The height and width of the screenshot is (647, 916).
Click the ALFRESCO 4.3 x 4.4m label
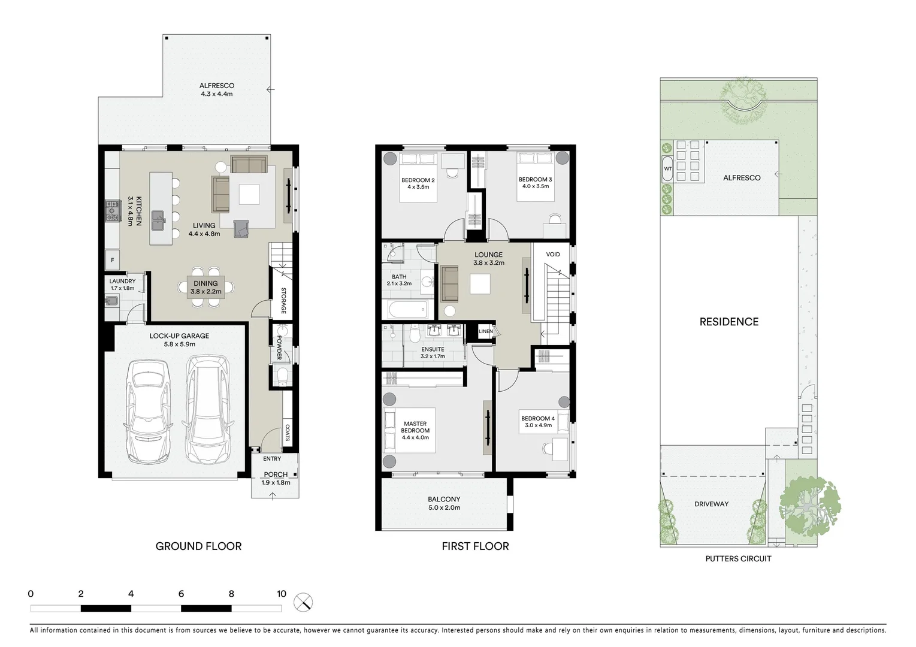coord(217,90)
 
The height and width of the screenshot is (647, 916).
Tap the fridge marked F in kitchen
coord(112,260)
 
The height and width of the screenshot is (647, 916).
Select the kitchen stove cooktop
coord(112,211)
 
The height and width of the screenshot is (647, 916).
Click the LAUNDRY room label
coord(122,284)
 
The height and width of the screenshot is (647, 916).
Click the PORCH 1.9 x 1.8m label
coord(276,478)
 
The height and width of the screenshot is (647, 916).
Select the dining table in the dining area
coord(206,288)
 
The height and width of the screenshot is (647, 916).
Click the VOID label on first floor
coord(553,255)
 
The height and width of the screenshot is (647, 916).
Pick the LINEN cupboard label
coord(485,331)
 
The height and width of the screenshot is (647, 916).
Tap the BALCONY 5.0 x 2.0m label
coord(444,503)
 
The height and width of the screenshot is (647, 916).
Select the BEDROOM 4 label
coord(537,422)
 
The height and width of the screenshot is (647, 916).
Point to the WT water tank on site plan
coord(667,169)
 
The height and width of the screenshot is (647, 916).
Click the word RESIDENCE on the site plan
coord(728,322)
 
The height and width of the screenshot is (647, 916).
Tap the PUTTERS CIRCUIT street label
coord(738,558)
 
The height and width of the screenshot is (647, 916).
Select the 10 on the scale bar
coord(282,594)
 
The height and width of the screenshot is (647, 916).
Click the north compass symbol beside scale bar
coord(304,602)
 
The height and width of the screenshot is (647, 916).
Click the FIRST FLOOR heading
coord(475,546)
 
